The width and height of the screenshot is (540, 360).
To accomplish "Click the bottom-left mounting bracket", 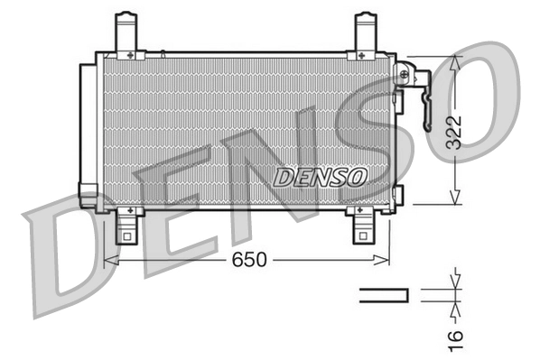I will [x=127, y=226].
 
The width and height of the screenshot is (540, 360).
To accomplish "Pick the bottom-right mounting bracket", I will [x=362, y=226].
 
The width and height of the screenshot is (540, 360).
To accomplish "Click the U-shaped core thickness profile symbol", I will [x=384, y=295].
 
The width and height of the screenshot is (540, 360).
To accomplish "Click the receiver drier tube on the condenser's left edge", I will [x=88, y=131].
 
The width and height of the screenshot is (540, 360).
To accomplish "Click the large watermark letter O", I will [x=470, y=99].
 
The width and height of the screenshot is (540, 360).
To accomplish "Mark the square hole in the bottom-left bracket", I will [x=126, y=237].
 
